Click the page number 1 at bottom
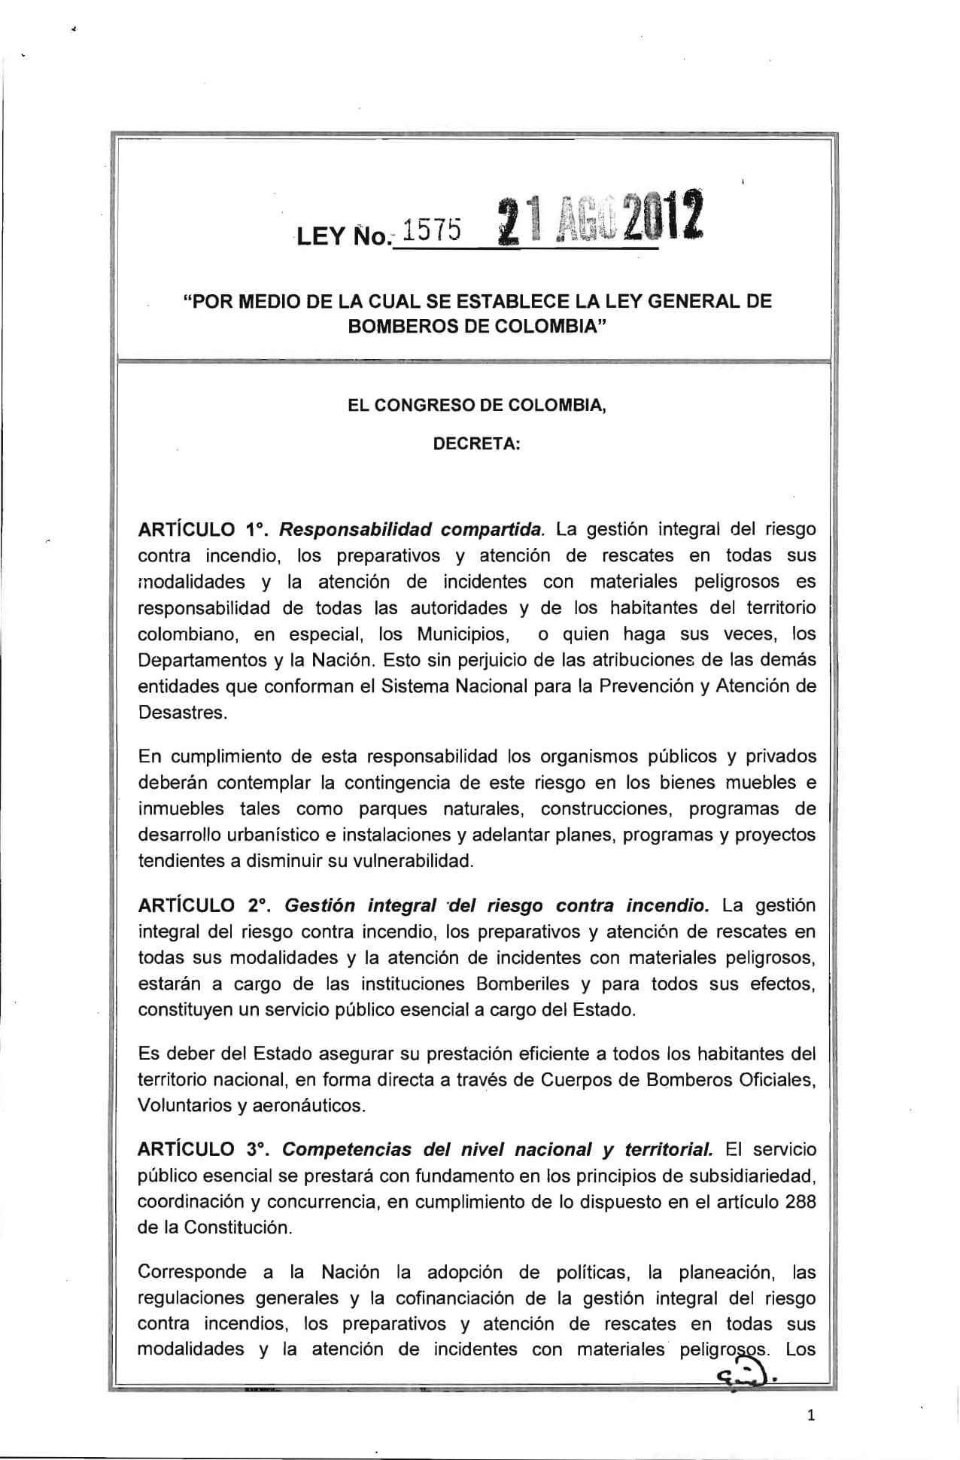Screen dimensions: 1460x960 810,1416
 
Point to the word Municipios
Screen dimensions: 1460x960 463,634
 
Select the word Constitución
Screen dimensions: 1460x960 238,1227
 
